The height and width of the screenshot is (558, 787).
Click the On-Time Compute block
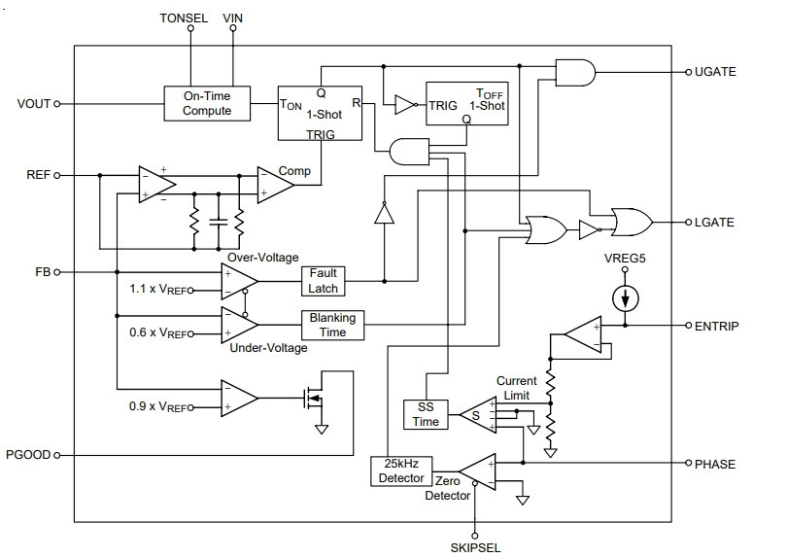point(207,103)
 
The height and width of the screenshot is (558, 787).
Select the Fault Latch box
point(323,281)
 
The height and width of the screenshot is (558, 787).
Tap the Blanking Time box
point(332,325)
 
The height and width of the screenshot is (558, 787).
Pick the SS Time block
point(426,414)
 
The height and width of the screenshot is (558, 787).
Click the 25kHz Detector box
point(401,471)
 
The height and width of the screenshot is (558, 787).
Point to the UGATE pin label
point(715,72)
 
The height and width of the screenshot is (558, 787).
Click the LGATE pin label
point(714,222)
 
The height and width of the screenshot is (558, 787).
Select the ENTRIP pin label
point(717,326)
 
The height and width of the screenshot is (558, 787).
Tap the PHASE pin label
point(715,464)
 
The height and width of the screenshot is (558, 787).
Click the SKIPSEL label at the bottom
point(475,548)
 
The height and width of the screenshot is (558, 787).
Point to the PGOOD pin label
point(28,455)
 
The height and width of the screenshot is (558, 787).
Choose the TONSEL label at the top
point(184,18)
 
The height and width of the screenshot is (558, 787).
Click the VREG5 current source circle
point(626,298)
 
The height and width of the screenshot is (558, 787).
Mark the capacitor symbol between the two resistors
point(219,222)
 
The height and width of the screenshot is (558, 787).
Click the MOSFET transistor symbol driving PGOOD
point(314,399)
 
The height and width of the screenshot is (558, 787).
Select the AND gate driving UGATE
point(575,73)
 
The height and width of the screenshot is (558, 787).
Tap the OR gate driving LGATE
point(632,222)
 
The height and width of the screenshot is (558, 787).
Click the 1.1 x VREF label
point(158,290)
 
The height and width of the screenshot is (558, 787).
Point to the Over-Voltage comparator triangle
point(240,281)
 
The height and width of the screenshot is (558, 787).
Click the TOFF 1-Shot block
point(466,103)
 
